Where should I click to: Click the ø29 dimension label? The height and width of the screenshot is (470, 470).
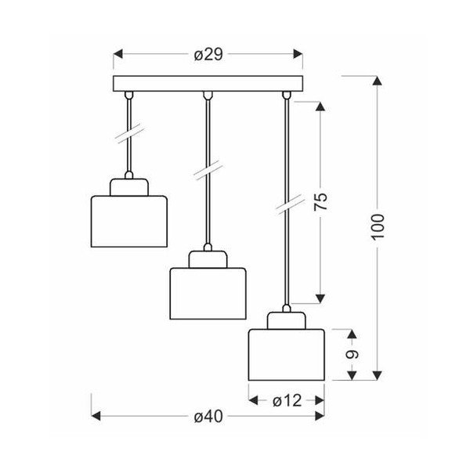tap(208, 54)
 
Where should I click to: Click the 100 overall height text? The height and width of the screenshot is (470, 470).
tap(378, 226)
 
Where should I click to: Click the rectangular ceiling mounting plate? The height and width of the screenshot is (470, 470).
tap(208, 83)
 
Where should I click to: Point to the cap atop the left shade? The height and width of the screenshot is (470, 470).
tap(129, 186)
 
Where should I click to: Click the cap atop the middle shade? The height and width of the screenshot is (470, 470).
tap(208, 258)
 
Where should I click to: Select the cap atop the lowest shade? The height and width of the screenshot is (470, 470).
tap(287, 319)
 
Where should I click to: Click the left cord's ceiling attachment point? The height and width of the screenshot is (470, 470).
tap(129, 95)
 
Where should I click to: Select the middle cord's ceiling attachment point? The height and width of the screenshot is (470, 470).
tap(208, 95)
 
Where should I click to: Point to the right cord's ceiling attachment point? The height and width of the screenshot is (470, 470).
tap(287, 95)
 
